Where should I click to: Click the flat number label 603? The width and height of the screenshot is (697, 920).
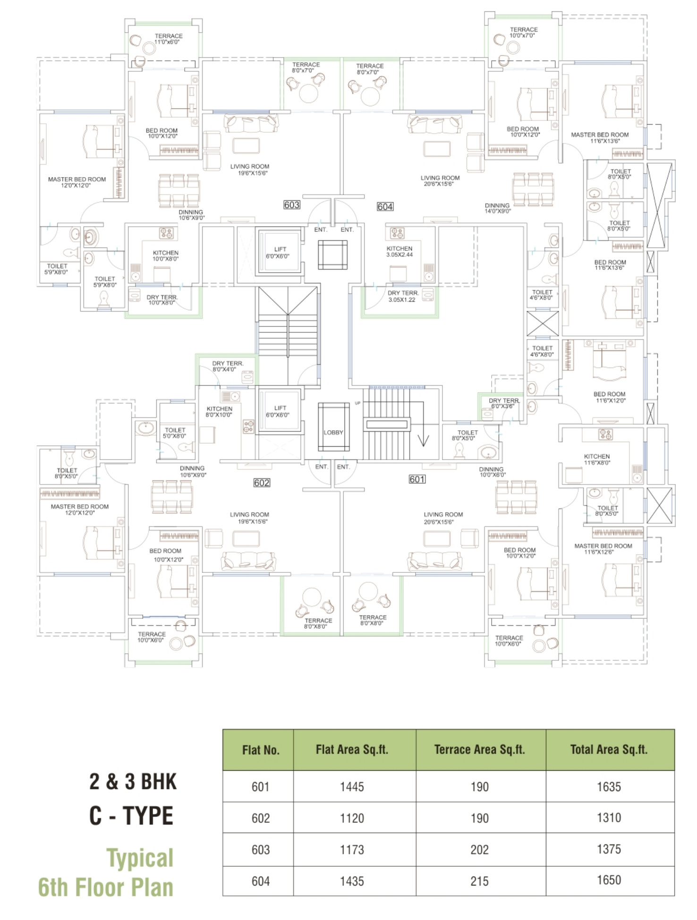pyautogui.click(x=292, y=204)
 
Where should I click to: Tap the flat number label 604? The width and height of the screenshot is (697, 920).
pyautogui.click(x=385, y=206)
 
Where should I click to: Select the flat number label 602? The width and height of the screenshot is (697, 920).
pyautogui.click(x=262, y=483)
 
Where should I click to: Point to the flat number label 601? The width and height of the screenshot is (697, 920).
pyautogui.click(x=417, y=479)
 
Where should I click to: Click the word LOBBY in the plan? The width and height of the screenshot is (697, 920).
pyautogui.click(x=333, y=433)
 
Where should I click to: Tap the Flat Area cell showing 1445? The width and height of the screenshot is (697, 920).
pyautogui.click(x=352, y=787)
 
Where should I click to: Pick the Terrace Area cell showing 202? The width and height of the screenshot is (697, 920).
pyautogui.click(x=479, y=850)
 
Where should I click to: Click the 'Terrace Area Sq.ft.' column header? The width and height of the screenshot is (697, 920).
pyautogui.click(x=479, y=750)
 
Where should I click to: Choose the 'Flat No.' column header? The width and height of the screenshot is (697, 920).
pyautogui.click(x=261, y=750)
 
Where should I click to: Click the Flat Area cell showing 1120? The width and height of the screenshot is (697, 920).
pyautogui.click(x=352, y=818)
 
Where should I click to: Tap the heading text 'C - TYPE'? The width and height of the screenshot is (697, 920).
pyautogui.click(x=131, y=816)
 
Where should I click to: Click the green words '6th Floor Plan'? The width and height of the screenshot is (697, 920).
pyautogui.click(x=106, y=887)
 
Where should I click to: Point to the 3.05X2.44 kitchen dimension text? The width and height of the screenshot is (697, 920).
pyautogui.click(x=399, y=255)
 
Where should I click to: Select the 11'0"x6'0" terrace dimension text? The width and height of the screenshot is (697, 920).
pyautogui.click(x=167, y=42)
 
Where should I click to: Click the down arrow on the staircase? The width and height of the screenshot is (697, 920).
pyautogui.click(x=423, y=440)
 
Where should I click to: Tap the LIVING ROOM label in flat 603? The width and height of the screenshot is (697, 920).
pyautogui.click(x=250, y=167)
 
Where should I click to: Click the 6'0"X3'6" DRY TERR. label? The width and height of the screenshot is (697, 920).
pyautogui.click(x=504, y=403)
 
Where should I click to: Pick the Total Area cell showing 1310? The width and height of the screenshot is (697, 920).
pyautogui.click(x=609, y=818)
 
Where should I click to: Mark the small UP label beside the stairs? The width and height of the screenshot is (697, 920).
pyautogui.click(x=357, y=403)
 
